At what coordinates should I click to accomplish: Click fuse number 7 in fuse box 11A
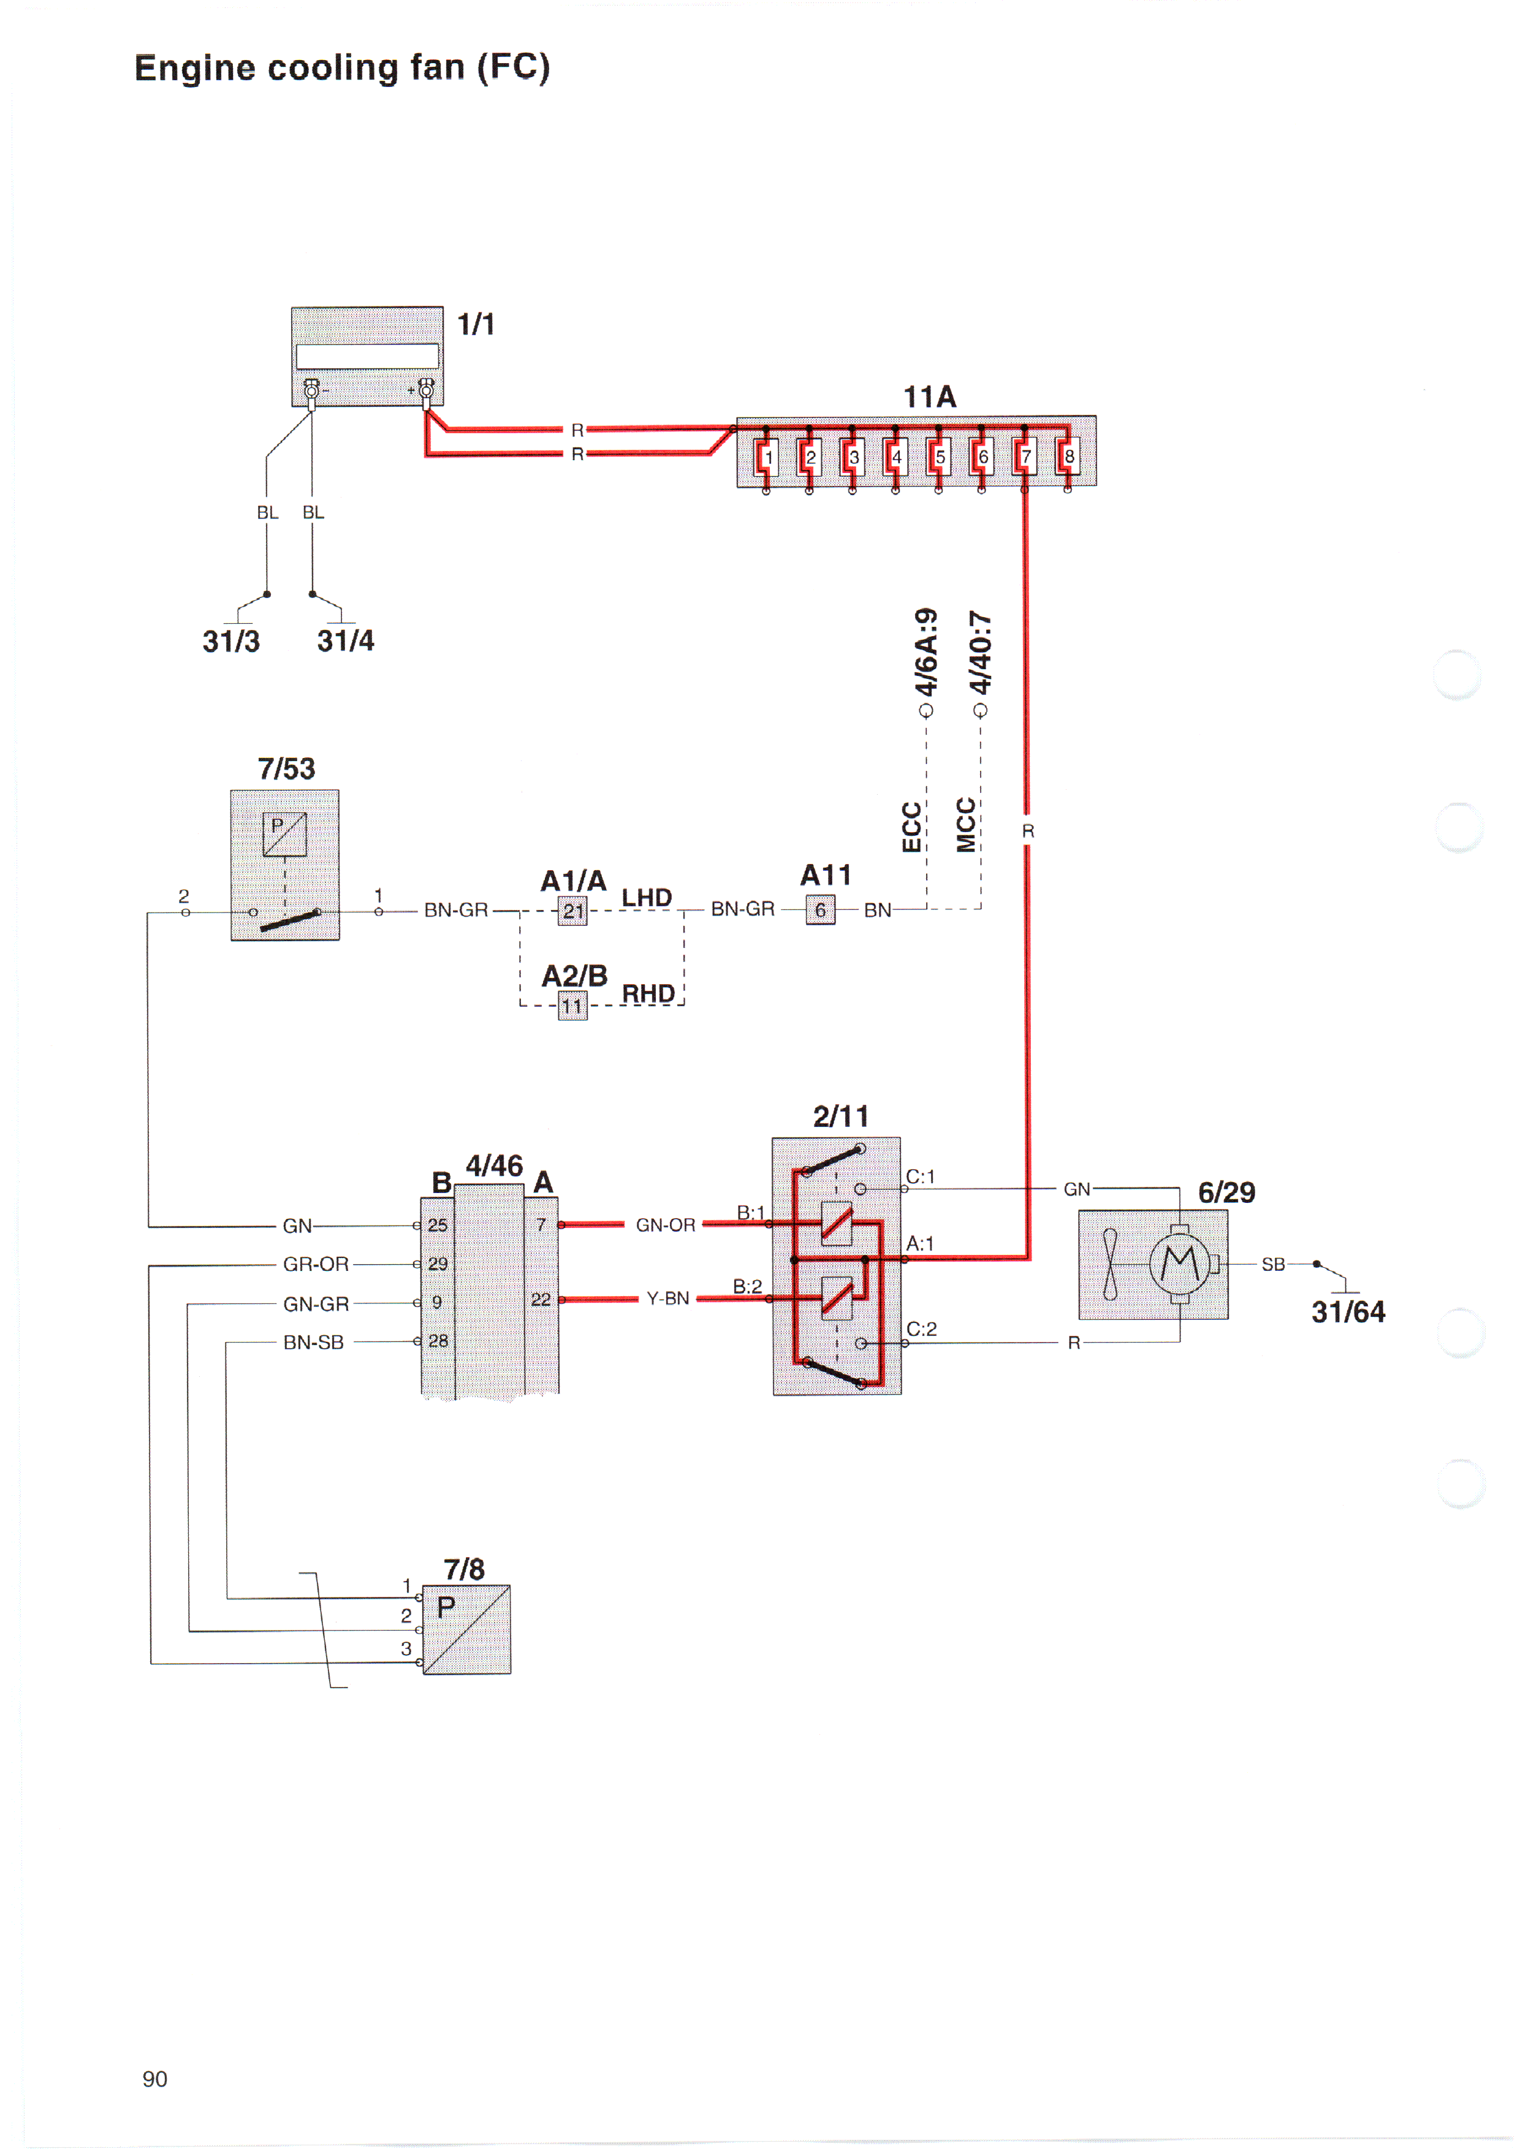pyautogui.click(x=1026, y=457)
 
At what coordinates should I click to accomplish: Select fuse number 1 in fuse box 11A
pyautogui.click(x=767, y=457)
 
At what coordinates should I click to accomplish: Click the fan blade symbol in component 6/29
pyautogui.click(x=1110, y=1264)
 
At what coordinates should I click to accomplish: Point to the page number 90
pyautogui.click(x=154, y=2079)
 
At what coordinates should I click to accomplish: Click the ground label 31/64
pyautogui.click(x=1348, y=1312)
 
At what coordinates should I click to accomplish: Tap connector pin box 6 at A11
pyautogui.click(x=820, y=910)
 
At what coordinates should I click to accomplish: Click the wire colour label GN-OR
pyautogui.click(x=666, y=1225)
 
